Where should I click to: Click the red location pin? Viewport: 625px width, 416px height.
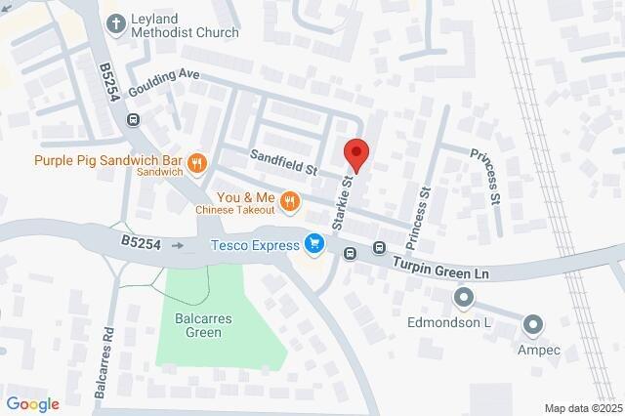356,155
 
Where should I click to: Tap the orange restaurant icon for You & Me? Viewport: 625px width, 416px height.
289,202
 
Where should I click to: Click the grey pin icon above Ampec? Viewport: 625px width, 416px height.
533,322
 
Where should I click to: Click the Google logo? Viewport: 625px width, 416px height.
32,404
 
